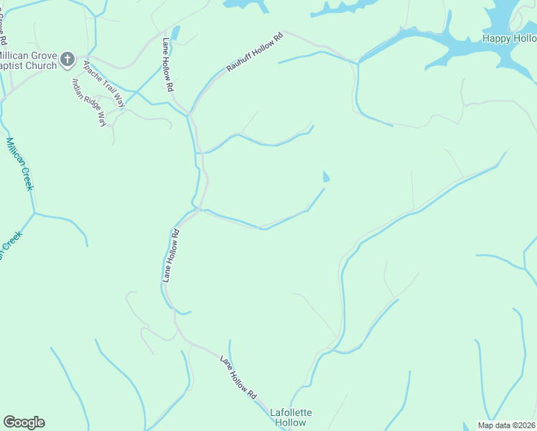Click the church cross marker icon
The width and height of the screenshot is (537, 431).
68,59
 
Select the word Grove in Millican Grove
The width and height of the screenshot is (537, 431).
43,55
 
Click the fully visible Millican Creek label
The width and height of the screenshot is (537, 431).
20,164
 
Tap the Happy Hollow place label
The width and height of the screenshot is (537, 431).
509,38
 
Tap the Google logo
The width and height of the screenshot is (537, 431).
24,422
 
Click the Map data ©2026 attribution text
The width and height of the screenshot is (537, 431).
507,425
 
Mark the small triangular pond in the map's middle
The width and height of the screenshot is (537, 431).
327,177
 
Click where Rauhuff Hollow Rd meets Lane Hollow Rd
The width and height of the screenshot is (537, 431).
190,113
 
